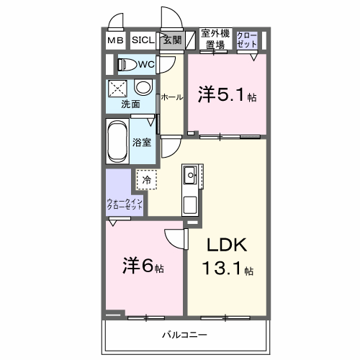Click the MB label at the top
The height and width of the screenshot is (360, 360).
coord(115,41)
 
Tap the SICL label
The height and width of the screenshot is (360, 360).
coord(141,41)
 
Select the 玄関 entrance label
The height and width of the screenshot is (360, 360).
coord(171,40)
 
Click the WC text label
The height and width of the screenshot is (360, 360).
coord(146,65)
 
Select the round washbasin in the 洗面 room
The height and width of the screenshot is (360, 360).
coord(143,88)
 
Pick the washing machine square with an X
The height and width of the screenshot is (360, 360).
coord(117,89)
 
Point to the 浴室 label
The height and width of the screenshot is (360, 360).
coord(142,142)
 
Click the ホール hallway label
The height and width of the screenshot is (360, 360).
coord(171,96)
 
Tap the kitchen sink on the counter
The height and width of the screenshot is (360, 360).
coord(192,174)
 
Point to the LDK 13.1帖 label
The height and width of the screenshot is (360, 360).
coord(227,256)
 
